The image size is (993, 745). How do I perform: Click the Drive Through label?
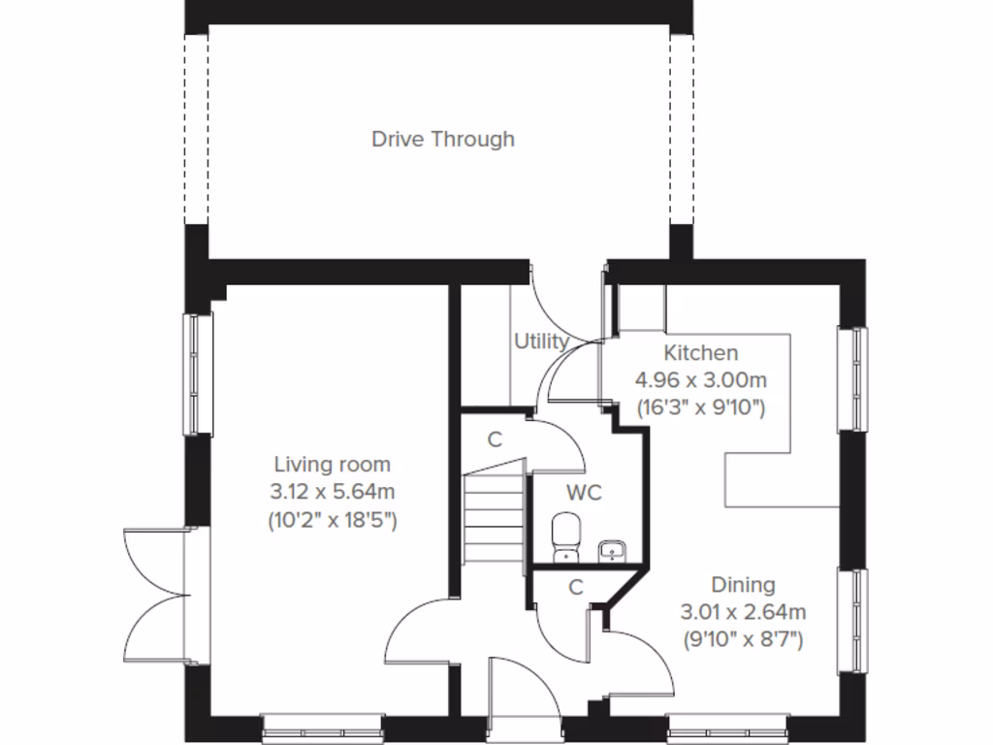[x=443, y=139]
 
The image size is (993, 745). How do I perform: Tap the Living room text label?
[x=332, y=465]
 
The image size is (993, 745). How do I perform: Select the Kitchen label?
[x=700, y=353]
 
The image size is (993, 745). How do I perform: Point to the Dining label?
[x=743, y=585]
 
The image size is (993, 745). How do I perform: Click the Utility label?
[x=540, y=341]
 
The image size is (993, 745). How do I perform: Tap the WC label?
[x=584, y=493]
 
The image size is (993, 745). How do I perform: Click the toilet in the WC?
[x=563, y=538]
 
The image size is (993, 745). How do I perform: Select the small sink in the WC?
[x=612, y=552]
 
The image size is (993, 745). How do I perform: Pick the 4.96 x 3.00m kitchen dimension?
[x=700, y=380]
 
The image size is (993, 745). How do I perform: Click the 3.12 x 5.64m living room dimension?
[x=332, y=492]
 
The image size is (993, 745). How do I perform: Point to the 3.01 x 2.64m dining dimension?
[x=743, y=612]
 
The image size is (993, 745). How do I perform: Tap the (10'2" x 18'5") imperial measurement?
[x=332, y=520]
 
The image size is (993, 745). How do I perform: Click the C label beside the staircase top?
[x=495, y=439]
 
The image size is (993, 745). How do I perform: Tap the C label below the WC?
[x=575, y=587]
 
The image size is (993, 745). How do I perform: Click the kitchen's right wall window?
[x=853, y=378]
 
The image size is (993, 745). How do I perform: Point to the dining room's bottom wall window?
[x=727, y=725]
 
